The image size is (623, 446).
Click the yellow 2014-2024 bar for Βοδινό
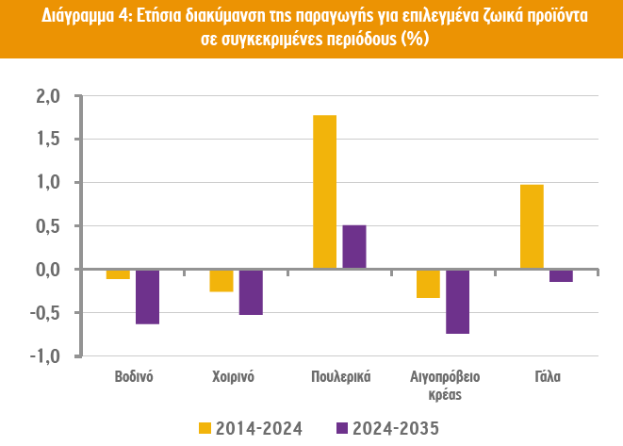coord(118,274)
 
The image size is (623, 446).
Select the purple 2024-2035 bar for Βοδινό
coord(147,296)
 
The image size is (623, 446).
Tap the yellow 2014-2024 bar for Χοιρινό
coord(221,280)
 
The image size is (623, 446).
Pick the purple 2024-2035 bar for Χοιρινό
coord(251,291)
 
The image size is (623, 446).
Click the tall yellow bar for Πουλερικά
coord(324,191)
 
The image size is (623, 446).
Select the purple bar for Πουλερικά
coord(353,247)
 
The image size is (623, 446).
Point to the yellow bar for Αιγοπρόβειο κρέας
coord(428,284)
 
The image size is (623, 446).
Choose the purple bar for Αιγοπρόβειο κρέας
coord(457,302)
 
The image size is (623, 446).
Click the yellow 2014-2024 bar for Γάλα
coord(532,226)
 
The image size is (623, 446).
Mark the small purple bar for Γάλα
coord(561,275)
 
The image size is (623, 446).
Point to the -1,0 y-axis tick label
coord(46,356)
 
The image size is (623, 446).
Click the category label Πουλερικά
coord(339,376)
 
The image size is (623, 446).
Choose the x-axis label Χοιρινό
coord(235,376)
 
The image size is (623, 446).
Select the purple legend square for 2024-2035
coord(342,429)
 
